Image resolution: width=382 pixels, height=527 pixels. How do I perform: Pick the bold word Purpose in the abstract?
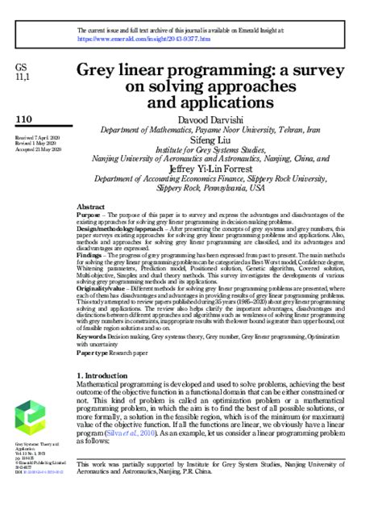coord(89,216)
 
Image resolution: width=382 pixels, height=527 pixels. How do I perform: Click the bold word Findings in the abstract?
coord(90,256)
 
